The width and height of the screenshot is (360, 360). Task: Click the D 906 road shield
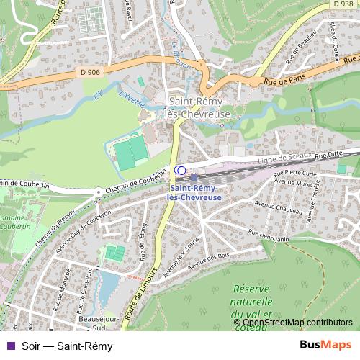coord(90,71)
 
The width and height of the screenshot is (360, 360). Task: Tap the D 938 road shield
coord(344,4)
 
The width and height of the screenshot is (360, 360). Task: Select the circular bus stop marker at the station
coord(180,170)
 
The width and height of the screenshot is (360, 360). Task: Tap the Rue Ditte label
coord(330,154)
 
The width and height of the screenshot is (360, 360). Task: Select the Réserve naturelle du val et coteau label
coord(251,302)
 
